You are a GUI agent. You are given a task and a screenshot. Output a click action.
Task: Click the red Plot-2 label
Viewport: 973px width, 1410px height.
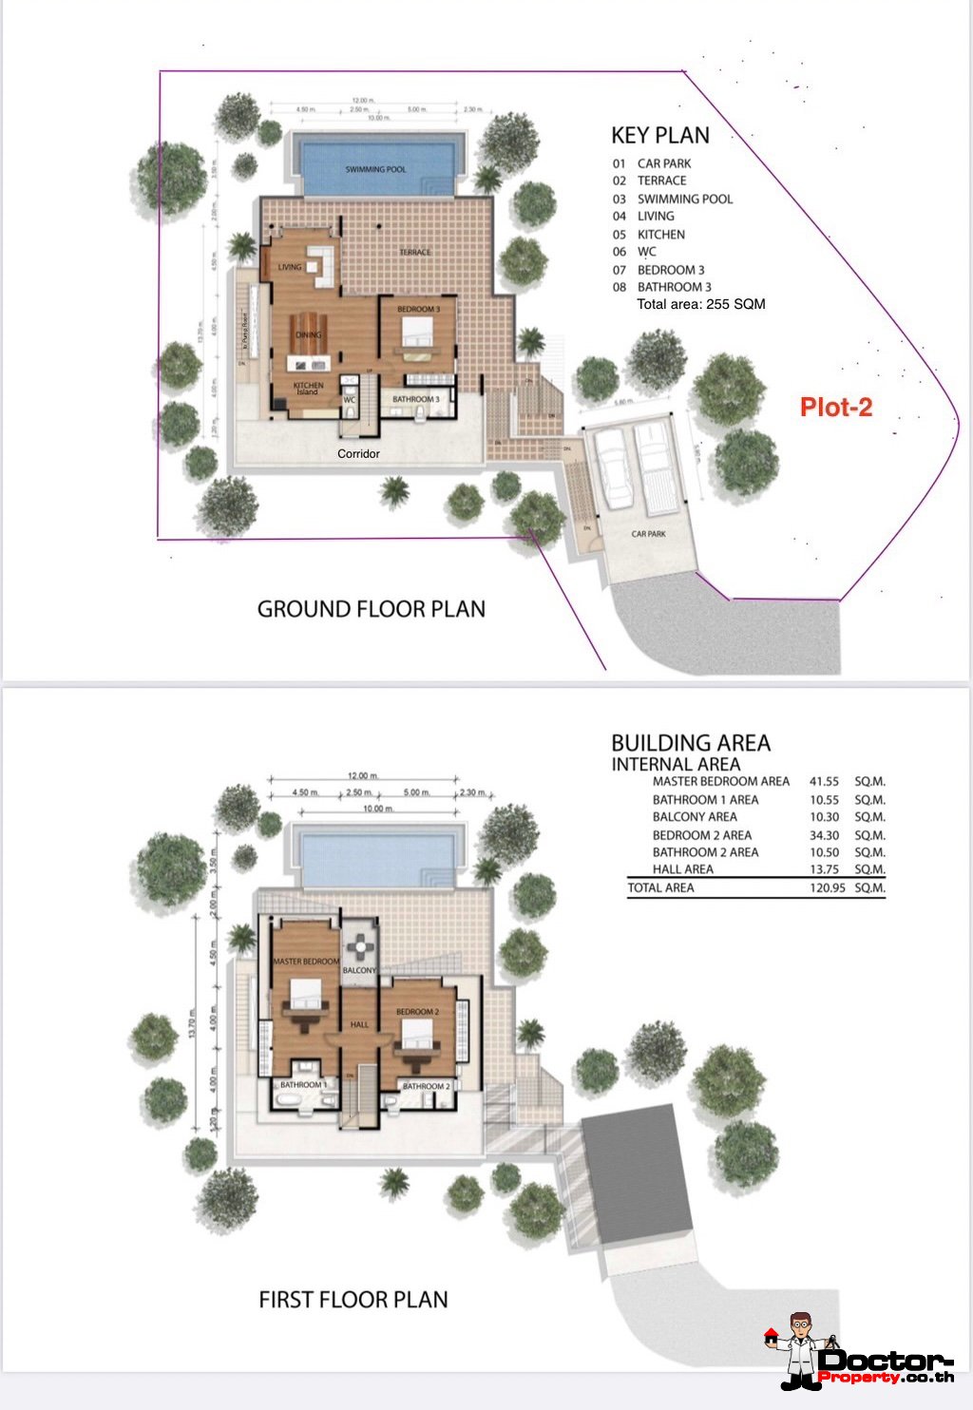pos(835,407)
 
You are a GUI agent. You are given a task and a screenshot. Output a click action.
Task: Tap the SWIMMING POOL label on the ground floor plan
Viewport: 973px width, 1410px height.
pos(375,169)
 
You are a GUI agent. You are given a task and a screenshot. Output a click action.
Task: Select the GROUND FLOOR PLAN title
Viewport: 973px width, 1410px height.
pos(371,609)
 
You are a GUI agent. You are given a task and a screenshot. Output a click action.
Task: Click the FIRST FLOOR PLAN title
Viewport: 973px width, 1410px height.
pos(353,1299)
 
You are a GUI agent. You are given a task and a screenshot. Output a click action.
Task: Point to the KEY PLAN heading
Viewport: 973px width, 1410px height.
pos(659,135)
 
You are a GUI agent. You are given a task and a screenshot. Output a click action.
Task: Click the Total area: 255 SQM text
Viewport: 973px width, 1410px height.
pos(700,304)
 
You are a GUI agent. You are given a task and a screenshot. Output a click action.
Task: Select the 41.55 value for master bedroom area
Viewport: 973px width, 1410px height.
pos(824,781)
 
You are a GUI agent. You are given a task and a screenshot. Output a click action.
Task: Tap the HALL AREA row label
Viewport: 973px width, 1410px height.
pos(682,869)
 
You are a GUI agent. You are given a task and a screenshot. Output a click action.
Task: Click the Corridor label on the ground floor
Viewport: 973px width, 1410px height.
pos(358,453)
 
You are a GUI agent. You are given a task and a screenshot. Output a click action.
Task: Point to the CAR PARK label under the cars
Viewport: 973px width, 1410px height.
pos(648,534)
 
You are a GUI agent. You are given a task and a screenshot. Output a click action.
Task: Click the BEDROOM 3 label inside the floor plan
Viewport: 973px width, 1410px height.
pos(417,310)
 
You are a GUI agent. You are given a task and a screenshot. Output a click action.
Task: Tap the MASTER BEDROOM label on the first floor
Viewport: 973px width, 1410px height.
pos(306,962)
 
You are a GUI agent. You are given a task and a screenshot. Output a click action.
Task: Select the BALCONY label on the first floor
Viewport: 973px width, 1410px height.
pos(359,970)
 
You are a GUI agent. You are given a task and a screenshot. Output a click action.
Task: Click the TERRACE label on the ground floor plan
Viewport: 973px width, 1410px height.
pos(414,252)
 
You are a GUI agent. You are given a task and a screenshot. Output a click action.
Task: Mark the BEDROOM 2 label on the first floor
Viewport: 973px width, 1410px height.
pos(417,1012)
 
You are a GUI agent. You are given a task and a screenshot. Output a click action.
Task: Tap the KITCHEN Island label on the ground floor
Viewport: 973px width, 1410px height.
pos(308,389)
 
